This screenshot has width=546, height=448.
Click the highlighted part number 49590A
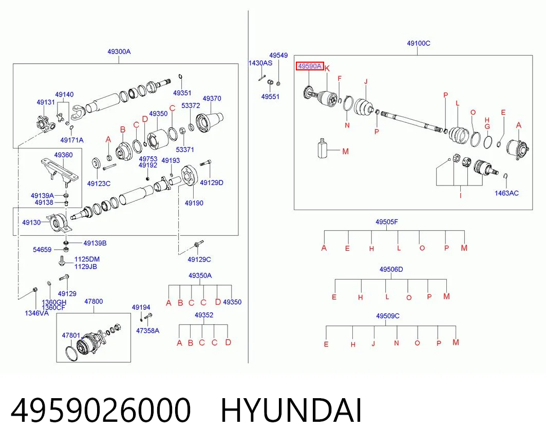coord(310,66)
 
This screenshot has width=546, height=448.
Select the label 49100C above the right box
coord(418,43)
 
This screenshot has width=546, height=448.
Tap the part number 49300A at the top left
coord(119,51)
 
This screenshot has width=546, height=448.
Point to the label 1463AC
coord(506,193)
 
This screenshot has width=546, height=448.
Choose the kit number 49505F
coord(387,222)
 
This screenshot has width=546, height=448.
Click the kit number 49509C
coord(388,316)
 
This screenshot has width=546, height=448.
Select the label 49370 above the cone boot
coord(212,99)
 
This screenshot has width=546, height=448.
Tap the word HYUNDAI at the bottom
coord(291,410)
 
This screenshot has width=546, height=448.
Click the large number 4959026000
coord(101,410)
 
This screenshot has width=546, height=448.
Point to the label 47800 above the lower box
coord(93,302)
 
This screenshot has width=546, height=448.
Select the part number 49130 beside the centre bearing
coord(31,222)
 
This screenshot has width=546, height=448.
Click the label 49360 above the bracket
coord(63,155)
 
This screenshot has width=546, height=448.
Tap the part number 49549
coord(278,55)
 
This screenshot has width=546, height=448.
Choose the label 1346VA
coord(36,313)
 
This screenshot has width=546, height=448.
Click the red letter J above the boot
coord(366,82)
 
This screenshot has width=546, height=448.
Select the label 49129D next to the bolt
coord(212,182)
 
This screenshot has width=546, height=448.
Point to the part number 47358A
coord(147,330)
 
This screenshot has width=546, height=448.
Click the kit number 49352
coord(204,315)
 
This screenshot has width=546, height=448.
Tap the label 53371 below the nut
coord(185,150)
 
